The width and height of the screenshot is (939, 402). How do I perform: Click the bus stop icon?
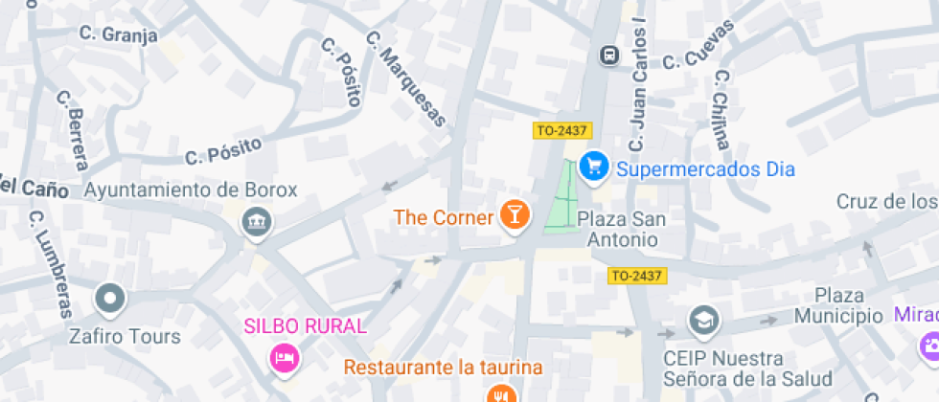click(x=609, y=56)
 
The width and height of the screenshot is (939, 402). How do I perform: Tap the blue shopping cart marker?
click(x=595, y=167)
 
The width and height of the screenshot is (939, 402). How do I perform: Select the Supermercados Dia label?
click(x=705, y=169)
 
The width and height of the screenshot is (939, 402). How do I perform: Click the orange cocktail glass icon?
click(x=515, y=215)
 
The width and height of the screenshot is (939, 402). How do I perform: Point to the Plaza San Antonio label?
click(x=623, y=230)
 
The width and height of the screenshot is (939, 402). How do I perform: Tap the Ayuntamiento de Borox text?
click(x=192, y=190)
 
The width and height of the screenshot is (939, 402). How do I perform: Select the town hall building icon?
click(x=256, y=225)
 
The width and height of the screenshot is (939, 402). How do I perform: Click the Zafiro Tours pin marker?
click(x=110, y=300)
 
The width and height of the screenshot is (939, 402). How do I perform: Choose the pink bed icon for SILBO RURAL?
click(x=285, y=358)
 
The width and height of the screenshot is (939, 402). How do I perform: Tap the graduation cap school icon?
click(x=704, y=321)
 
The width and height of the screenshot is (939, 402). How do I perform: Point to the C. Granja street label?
click(x=118, y=35)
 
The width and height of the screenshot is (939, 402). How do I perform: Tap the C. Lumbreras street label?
click(x=49, y=262)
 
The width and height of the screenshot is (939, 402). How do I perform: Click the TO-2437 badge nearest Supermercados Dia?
click(x=561, y=130)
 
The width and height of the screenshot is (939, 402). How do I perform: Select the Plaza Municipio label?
click(x=849, y=305)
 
